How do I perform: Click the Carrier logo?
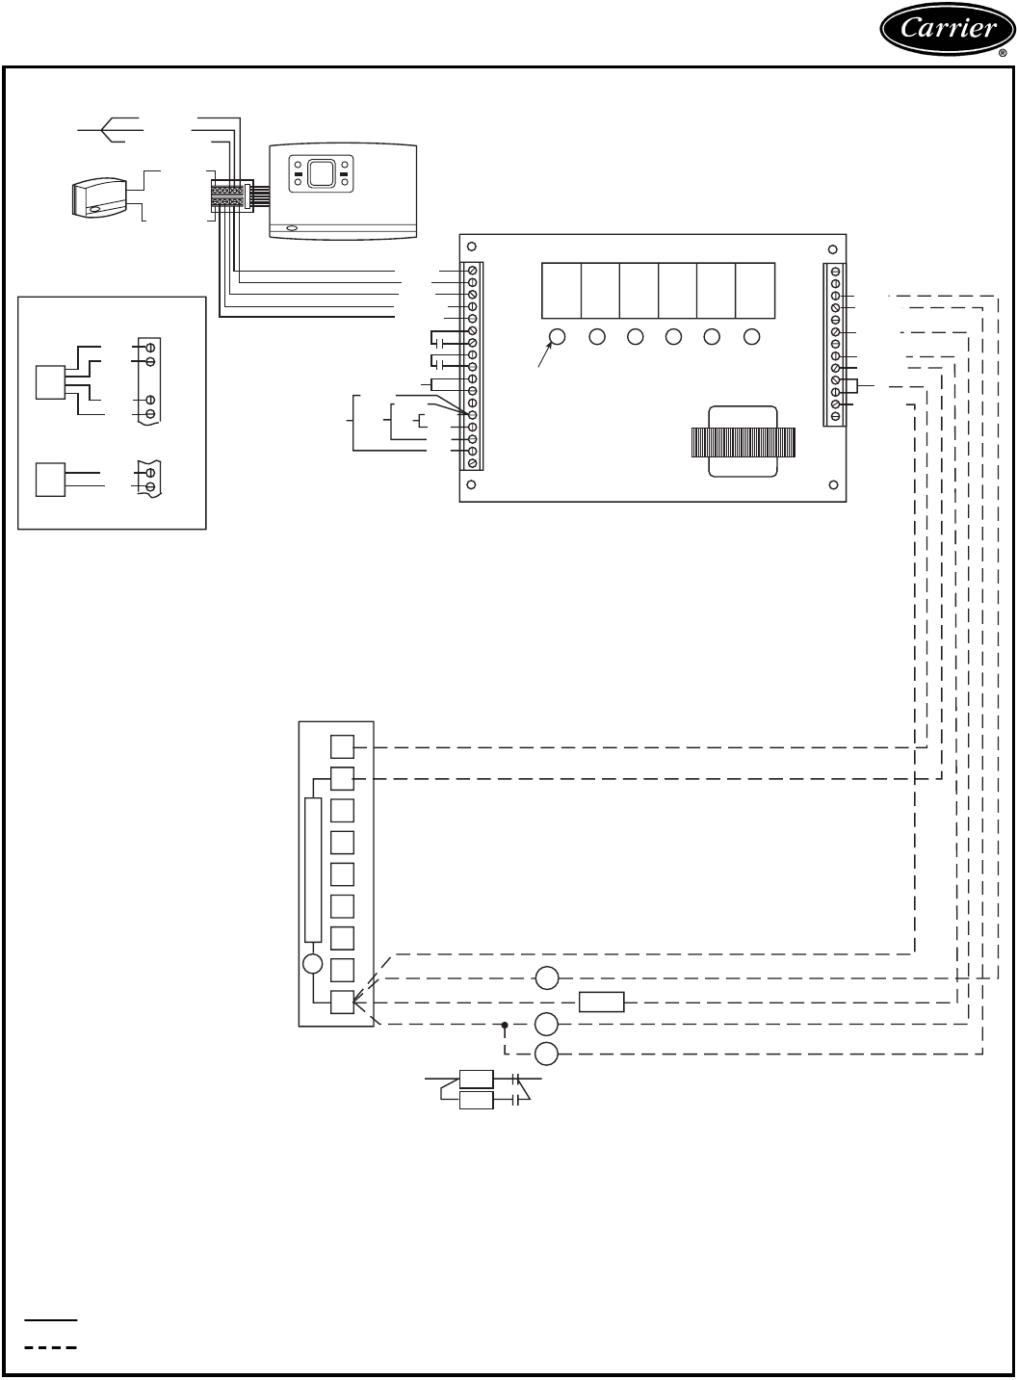point(948,29)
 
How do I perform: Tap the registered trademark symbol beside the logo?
point(1003,54)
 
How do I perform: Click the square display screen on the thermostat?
point(321,173)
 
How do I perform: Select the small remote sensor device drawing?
point(99,197)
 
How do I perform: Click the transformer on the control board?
point(743,441)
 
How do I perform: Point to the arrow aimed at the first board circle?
point(544,354)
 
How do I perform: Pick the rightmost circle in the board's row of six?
point(751,337)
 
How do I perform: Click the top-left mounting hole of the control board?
point(471,247)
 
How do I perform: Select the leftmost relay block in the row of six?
point(561,291)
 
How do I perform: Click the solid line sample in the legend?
point(50,1319)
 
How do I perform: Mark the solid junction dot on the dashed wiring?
point(505,1025)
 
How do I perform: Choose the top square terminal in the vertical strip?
point(342,746)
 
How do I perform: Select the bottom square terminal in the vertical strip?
point(342,1002)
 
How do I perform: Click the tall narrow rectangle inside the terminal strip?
point(313,870)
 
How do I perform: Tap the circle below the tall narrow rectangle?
point(313,964)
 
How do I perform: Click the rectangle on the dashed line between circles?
point(601,1002)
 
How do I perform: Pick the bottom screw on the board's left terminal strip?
point(472,463)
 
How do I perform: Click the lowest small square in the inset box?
point(50,480)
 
